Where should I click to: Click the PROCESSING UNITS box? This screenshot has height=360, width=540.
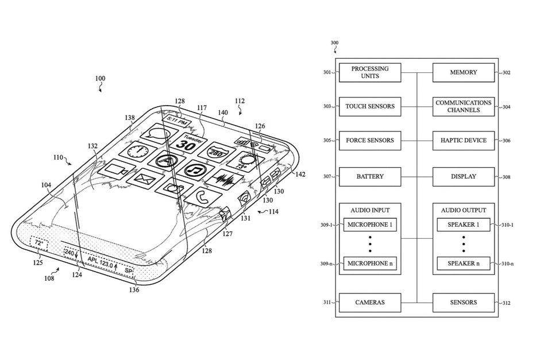click(x=370, y=72)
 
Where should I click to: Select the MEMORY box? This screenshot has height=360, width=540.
click(x=464, y=72)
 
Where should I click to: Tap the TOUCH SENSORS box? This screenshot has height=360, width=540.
click(x=370, y=106)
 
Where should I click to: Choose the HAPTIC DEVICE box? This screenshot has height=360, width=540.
click(x=464, y=141)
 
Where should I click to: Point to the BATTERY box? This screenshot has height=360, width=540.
click(x=370, y=177)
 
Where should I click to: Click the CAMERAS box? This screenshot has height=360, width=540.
click(x=370, y=303)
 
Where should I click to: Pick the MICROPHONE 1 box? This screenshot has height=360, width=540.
click(x=370, y=224)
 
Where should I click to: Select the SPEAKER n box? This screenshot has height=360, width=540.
click(x=464, y=264)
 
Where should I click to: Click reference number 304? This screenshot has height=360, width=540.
click(x=506, y=107)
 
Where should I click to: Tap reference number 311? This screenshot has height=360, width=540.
click(x=327, y=303)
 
